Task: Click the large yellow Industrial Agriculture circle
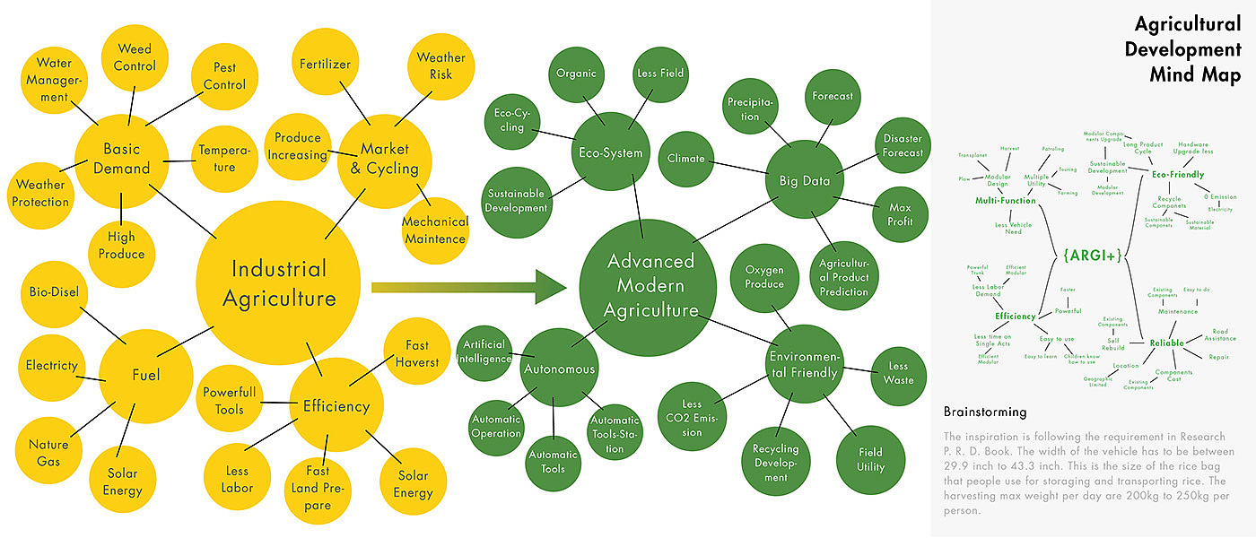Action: [278, 282]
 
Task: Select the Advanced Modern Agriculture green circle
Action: [650, 285]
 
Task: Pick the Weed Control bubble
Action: [135, 56]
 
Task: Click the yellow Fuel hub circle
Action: [145, 375]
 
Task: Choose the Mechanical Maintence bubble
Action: [434, 230]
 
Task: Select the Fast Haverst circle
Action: [416, 353]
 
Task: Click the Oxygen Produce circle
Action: [763, 277]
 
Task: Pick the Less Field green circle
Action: [659, 74]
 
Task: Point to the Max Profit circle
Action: [900, 214]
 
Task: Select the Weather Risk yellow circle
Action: [440, 66]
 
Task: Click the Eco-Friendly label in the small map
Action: [1177, 175]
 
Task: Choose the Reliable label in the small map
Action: [1166, 343]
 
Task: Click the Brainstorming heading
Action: [985, 412]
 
